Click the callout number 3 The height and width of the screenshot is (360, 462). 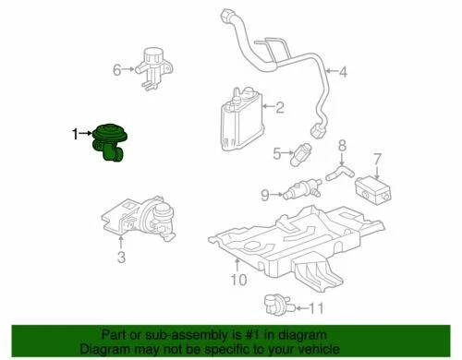click(x=121, y=259)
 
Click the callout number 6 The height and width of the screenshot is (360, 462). click(x=117, y=69)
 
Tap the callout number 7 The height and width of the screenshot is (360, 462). click(x=376, y=159)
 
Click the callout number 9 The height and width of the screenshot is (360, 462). click(x=263, y=195)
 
